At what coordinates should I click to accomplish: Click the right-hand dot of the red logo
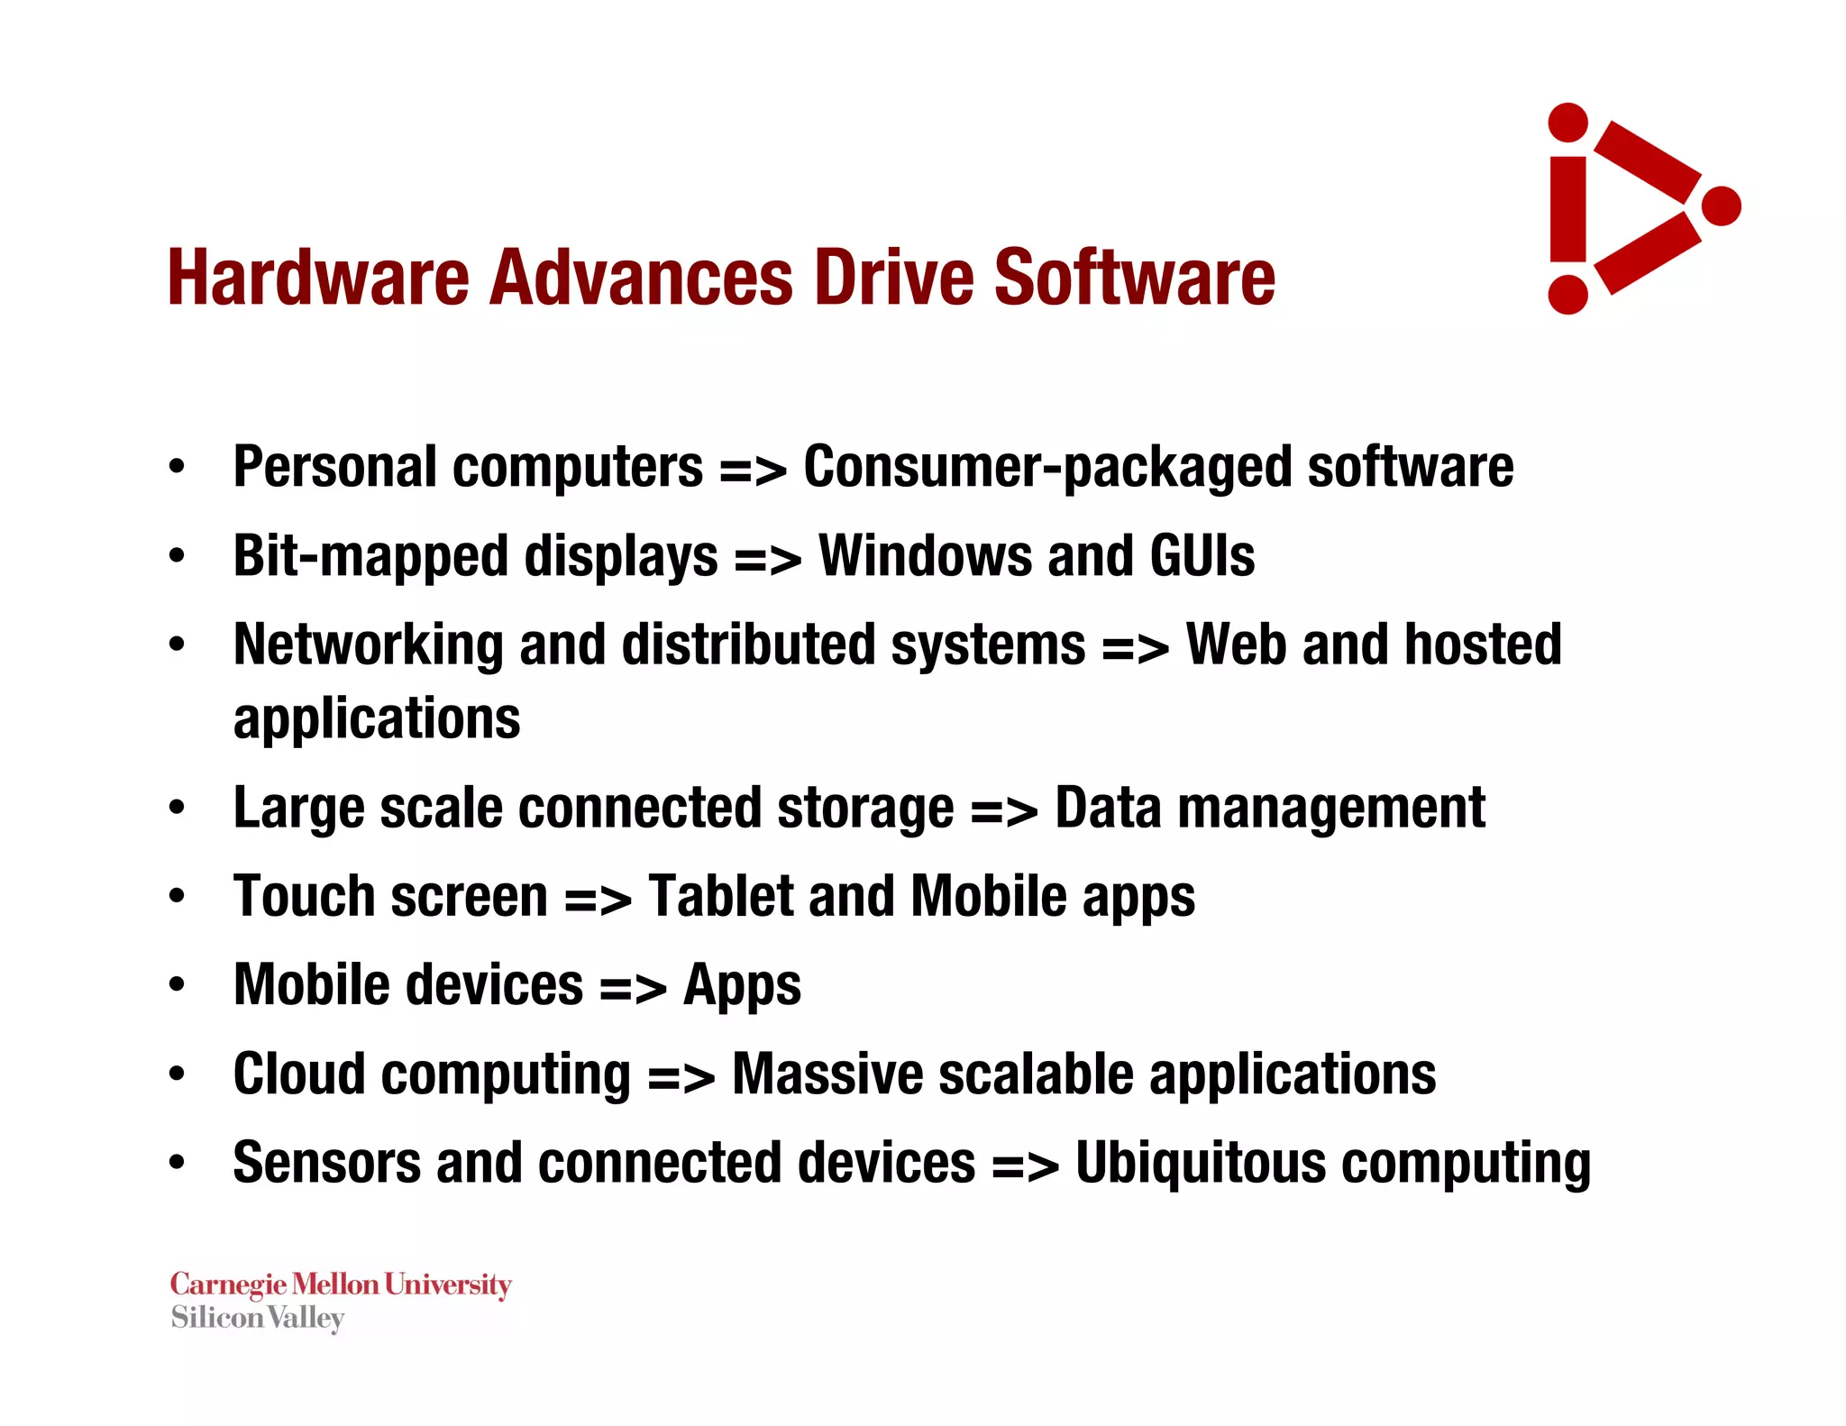tap(1721, 206)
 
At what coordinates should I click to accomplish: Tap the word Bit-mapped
tap(370, 557)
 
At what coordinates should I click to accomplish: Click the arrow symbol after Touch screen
tap(598, 899)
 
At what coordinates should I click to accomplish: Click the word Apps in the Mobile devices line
tap(742, 985)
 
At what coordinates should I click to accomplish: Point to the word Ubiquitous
tap(1200, 1163)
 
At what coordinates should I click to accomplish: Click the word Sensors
tap(326, 1163)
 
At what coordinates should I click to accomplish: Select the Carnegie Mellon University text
tap(341, 1284)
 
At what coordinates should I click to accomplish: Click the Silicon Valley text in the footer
tap(258, 1318)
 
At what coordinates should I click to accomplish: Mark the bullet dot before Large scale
tap(177, 808)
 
